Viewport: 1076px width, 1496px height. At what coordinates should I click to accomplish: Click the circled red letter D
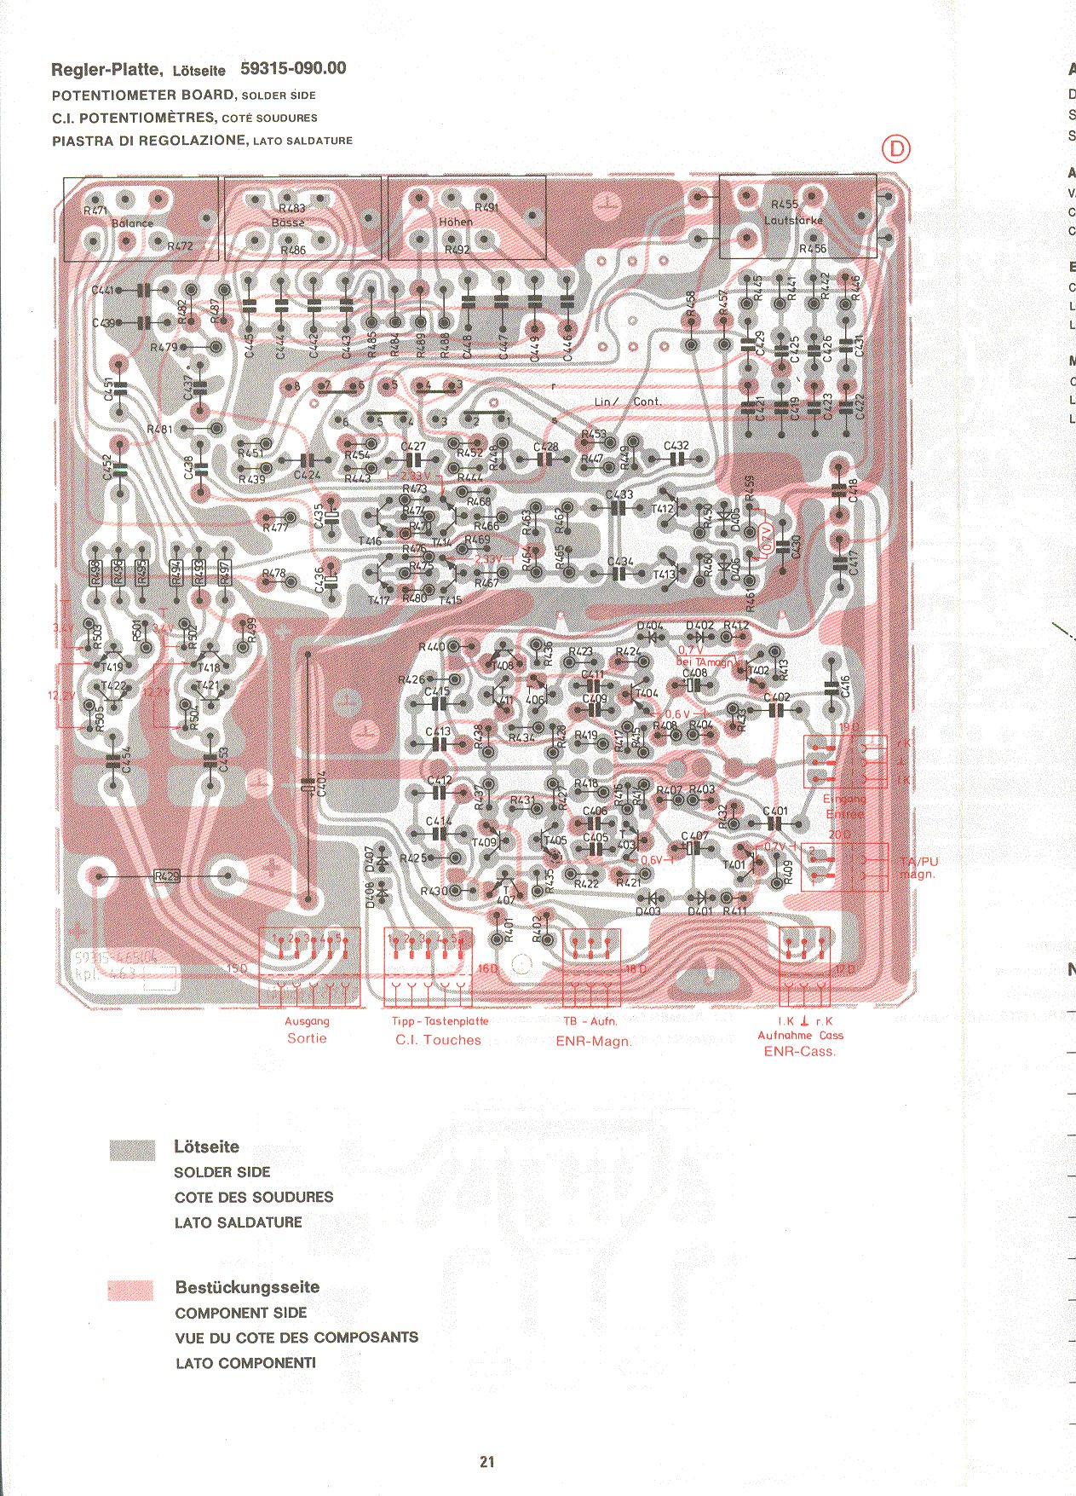(x=895, y=149)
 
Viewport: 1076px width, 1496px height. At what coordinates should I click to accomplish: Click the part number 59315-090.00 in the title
(x=293, y=69)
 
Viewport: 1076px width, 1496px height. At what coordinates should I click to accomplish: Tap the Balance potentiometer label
(x=132, y=223)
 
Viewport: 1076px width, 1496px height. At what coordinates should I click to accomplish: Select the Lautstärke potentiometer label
(x=793, y=220)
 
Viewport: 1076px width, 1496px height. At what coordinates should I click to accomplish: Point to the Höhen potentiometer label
(x=456, y=222)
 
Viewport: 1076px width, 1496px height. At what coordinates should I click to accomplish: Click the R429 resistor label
(x=167, y=876)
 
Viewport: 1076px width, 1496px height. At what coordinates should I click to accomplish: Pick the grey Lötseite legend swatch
(x=132, y=1151)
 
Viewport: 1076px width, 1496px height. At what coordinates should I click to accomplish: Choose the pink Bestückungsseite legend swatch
(x=130, y=1290)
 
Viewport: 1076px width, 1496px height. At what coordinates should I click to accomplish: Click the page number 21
(x=486, y=1462)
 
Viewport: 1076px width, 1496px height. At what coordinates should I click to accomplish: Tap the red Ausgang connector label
(x=307, y=1021)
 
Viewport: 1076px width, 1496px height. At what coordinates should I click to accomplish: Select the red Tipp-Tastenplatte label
(x=440, y=1021)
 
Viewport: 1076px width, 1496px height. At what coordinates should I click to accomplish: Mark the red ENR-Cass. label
(x=799, y=1052)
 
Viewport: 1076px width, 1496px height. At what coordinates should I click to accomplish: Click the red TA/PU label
(x=918, y=862)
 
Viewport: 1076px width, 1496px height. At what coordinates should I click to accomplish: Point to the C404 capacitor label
(x=321, y=783)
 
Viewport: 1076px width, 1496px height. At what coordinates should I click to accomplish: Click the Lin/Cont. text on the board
(x=627, y=401)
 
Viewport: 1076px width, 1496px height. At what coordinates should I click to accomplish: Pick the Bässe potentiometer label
(x=288, y=222)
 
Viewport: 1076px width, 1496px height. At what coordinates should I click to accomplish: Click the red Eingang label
(x=843, y=799)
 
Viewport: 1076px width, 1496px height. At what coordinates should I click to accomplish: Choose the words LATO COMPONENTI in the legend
(x=245, y=1363)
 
